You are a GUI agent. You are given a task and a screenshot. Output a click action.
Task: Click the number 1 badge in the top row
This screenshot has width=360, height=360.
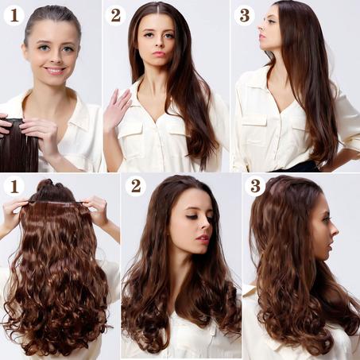[x=14, y=15]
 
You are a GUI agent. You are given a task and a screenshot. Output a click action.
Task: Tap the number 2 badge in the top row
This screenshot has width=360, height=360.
[x=115, y=15]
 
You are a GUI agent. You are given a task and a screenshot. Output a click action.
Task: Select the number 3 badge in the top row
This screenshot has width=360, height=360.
[x=244, y=15]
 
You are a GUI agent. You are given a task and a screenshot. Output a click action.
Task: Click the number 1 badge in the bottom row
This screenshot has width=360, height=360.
[x=14, y=186]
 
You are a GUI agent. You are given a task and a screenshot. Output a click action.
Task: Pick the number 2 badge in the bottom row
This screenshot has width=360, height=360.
[x=136, y=186]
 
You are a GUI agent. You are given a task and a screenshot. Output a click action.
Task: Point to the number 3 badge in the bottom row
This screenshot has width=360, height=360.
[x=255, y=186]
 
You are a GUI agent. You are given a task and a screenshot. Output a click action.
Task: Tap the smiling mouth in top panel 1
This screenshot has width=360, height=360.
[x=55, y=71]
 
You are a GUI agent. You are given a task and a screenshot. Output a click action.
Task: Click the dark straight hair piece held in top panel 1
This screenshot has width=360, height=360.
[x=18, y=145]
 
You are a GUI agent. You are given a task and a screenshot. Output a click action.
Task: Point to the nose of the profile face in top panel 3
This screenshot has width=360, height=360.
[x=261, y=27]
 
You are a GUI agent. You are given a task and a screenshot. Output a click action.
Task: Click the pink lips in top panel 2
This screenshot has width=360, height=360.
[x=159, y=53]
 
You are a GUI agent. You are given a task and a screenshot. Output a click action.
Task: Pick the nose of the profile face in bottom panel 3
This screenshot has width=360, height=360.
[x=335, y=231]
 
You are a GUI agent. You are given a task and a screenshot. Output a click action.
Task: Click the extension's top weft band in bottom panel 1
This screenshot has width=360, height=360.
[x=56, y=203]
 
